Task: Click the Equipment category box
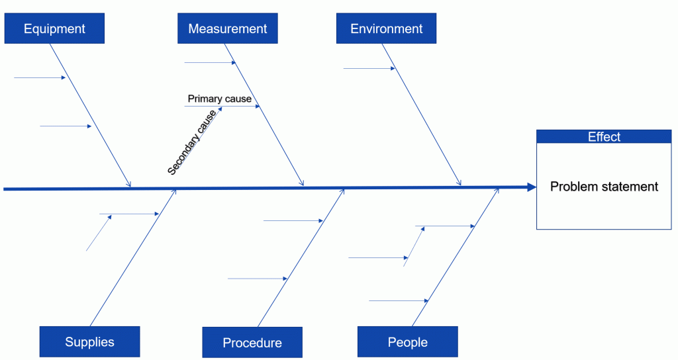(54, 28)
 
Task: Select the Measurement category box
(228, 28)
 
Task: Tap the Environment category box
(386, 28)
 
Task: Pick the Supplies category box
(89, 342)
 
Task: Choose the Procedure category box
(252, 342)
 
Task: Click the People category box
(407, 342)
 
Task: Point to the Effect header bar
(604, 136)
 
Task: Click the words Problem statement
(604, 186)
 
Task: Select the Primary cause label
(219, 99)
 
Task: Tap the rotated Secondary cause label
(191, 142)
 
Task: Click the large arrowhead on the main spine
(532, 187)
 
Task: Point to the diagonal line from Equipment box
(90, 115)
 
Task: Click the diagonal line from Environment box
(422, 114)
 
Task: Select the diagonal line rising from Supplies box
(132, 257)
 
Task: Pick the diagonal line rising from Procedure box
(301, 257)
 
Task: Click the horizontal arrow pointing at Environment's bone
(369, 68)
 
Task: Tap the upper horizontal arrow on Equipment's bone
(40, 78)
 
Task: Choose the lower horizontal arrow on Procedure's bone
(258, 279)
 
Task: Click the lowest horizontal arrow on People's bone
(399, 301)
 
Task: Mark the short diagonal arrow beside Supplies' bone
(99, 233)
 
